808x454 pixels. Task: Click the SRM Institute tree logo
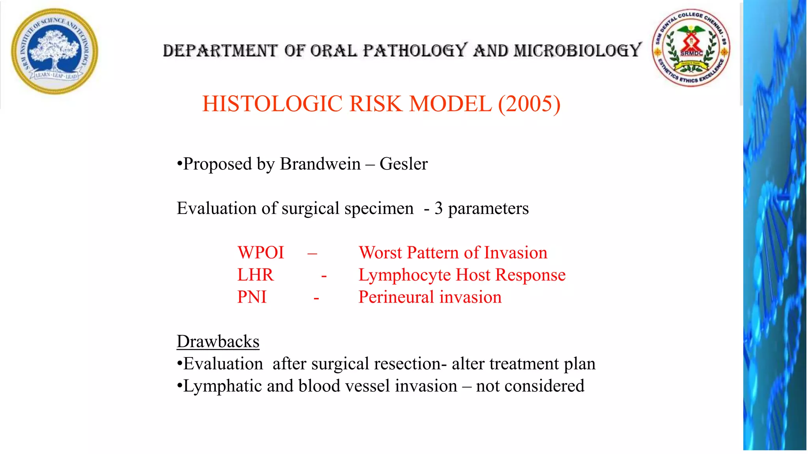(55, 51)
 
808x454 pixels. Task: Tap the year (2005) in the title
(529, 104)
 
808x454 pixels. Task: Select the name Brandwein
(320, 164)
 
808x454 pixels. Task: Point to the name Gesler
(403, 164)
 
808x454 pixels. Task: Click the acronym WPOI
(260, 253)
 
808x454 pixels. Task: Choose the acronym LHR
(255, 275)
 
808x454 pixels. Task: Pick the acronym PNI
(252, 297)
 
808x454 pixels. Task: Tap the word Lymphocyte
(404, 275)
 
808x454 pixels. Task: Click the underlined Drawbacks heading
(218, 341)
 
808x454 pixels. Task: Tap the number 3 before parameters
(438, 208)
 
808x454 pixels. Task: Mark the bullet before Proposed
(180, 164)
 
